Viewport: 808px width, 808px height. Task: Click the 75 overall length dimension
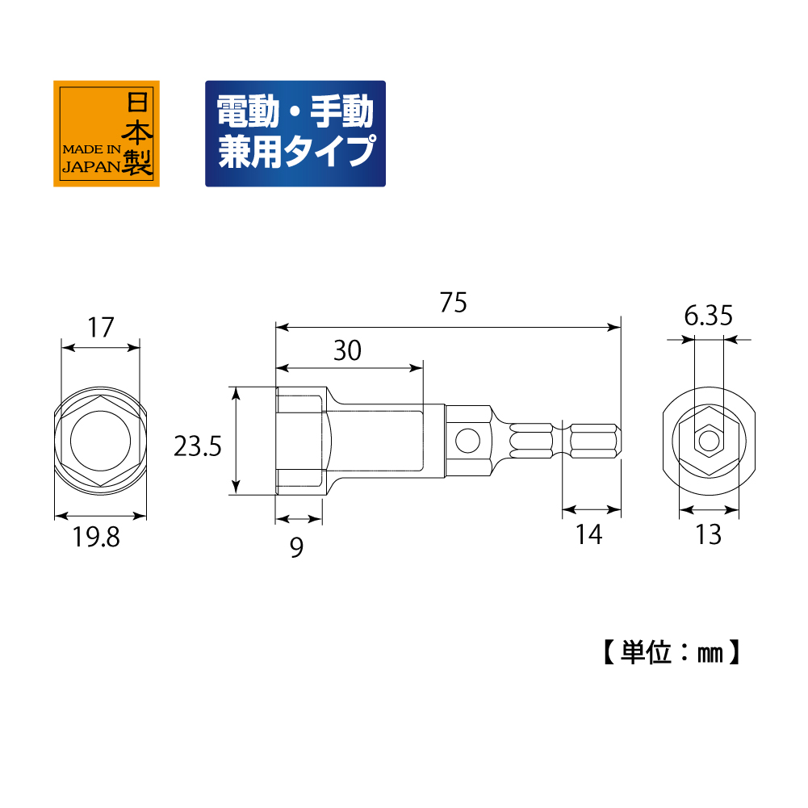[x=454, y=303]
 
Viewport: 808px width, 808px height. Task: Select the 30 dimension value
[x=347, y=351]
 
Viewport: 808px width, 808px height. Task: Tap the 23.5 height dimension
[x=198, y=446]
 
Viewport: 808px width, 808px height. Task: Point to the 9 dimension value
[x=296, y=547]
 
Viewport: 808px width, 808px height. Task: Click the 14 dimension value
[x=589, y=534]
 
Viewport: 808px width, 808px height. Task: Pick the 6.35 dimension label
[x=708, y=316]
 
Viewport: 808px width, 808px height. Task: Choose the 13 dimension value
[x=709, y=534]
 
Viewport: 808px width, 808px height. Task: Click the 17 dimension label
[x=100, y=328]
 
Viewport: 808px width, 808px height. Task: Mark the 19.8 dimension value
[x=96, y=537]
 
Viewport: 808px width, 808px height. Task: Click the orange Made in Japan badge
[x=107, y=133]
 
